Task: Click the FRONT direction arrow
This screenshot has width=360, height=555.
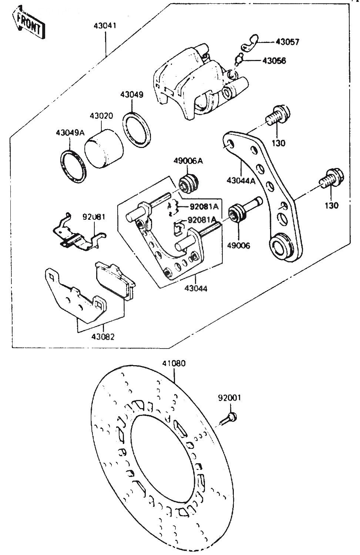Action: (x=28, y=23)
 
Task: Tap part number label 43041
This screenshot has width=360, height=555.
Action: (x=105, y=26)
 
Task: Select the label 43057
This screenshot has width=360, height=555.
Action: (x=287, y=42)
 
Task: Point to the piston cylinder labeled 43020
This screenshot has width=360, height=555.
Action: (x=104, y=149)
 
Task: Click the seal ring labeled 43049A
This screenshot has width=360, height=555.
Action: (x=74, y=166)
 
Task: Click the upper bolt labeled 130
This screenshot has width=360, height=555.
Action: (x=278, y=115)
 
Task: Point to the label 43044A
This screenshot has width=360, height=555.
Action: (x=241, y=181)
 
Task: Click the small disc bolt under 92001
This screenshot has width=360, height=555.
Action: (x=228, y=418)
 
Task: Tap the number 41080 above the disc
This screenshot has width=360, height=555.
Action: (x=174, y=363)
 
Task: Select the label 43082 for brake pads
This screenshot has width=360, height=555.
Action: (x=103, y=337)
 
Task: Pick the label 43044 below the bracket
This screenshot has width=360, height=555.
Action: (x=196, y=288)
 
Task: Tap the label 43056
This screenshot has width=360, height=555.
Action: (x=274, y=61)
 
